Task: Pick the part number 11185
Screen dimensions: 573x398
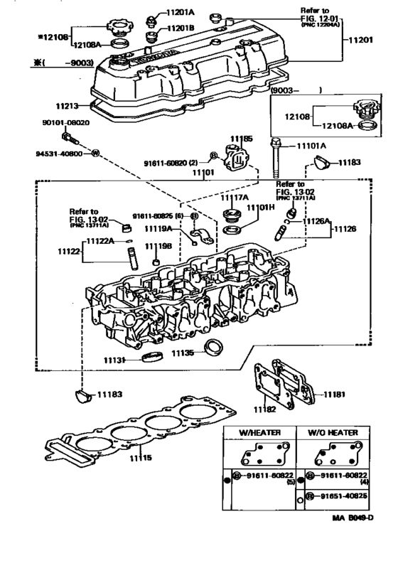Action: pyautogui.click(x=242, y=139)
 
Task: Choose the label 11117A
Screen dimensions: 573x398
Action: pyautogui.click(x=233, y=198)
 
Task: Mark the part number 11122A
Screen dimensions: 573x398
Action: pyautogui.click(x=99, y=241)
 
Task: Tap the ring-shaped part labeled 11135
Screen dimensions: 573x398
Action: pyautogui.click(x=212, y=348)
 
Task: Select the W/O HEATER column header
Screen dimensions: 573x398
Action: pyautogui.click(x=333, y=433)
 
